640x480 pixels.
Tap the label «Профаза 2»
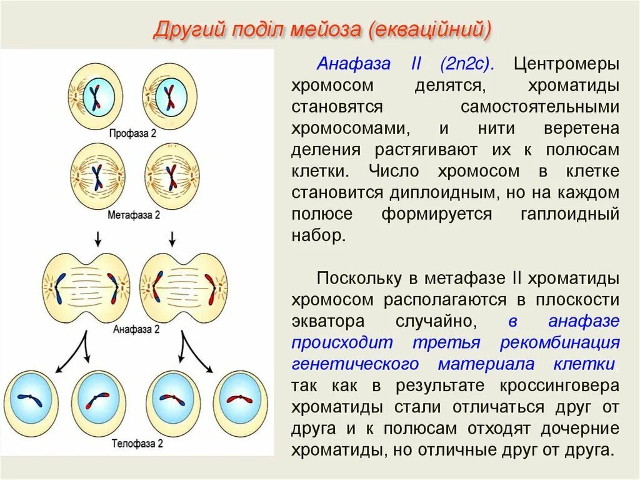click(x=133, y=133)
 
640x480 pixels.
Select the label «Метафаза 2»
click(x=134, y=215)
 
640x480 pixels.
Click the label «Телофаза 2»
click(x=137, y=444)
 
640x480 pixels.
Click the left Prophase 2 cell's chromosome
click(x=94, y=98)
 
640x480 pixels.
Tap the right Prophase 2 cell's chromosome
click(x=169, y=98)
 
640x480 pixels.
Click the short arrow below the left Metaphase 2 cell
click(x=97, y=238)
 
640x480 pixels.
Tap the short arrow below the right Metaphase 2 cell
click(x=173, y=238)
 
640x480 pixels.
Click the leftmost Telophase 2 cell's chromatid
click(x=30, y=400)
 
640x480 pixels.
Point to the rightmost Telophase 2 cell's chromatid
click(x=239, y=399)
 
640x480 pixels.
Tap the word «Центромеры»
click(x=566, y=64)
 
